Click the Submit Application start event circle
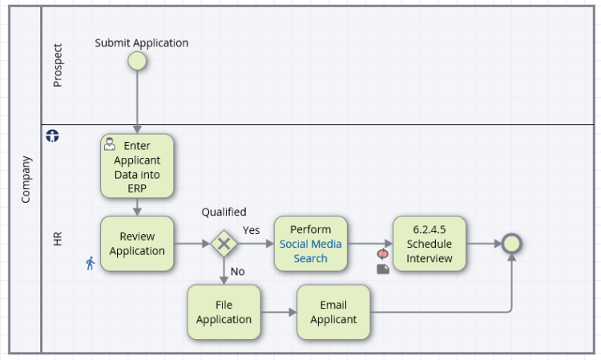tap(137, 61)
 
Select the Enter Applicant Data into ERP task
tap(137, 166)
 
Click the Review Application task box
tap(137, 244)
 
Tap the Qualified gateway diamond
tap(224, 244)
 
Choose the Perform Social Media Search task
tap(310, 244)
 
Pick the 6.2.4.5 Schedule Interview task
tap(430, 244)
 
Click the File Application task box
tap(224, 312)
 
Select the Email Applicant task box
tap(333, 312)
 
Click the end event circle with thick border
tap(512, 235)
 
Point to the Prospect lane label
tap(58, 65)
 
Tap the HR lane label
tap(58, 238)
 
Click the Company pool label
tap(26, 180)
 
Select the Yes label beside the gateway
tap(251, 230)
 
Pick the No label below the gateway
tap(238, 272)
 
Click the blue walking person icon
tap(91, 264)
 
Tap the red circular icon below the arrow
tap(382, 254)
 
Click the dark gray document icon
tap(383, 269)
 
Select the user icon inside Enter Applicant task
tap(110, 144)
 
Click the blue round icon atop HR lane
tap(53, 136)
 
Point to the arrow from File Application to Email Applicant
tap(279, 312)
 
